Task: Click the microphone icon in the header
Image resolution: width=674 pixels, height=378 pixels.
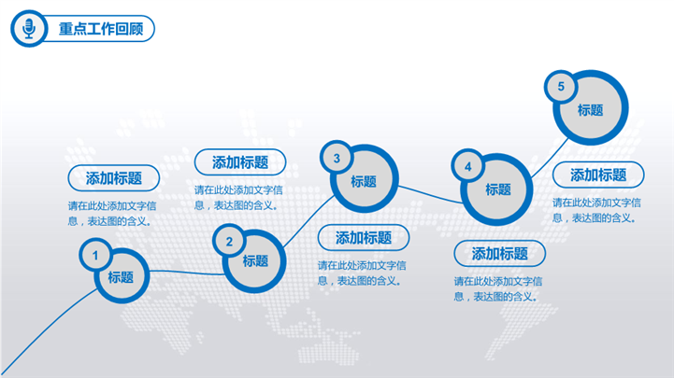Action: [x=29, y=29]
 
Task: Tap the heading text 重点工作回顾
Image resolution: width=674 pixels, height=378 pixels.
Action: [x=101, y=29]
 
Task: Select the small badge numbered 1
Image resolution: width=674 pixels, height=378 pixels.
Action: [x=95, y=256]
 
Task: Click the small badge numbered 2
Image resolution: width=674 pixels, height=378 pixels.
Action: [x=229, y=241]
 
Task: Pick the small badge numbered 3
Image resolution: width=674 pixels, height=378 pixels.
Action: [x=337, y=158]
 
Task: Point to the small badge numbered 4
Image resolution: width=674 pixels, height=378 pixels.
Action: [x=468, y=166]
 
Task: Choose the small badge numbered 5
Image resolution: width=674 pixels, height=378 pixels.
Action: [x=561, y=86]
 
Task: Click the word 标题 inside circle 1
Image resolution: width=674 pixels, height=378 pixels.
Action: [x=121, y=277]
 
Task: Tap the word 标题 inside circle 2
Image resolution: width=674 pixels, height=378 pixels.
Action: [x=255, y=260]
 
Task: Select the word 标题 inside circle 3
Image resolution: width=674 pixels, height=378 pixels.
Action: [x=364, y=181]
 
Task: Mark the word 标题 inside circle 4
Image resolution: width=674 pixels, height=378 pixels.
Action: [x=498, y=189]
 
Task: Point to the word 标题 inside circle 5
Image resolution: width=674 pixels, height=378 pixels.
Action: [x=590, y=110]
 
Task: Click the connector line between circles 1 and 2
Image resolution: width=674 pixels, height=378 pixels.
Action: [x=187, y=272]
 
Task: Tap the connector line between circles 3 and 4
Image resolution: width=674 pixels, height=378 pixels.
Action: [x=430, y=195]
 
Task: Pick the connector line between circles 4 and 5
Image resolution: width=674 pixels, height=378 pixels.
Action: [x=551, y=159]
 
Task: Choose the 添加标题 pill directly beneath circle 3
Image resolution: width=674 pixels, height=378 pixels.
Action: [x=364, y=238]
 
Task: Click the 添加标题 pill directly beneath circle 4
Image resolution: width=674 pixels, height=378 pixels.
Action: [x=500, y=254]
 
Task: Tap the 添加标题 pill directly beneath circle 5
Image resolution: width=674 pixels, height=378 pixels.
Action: [x=598, y=175]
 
